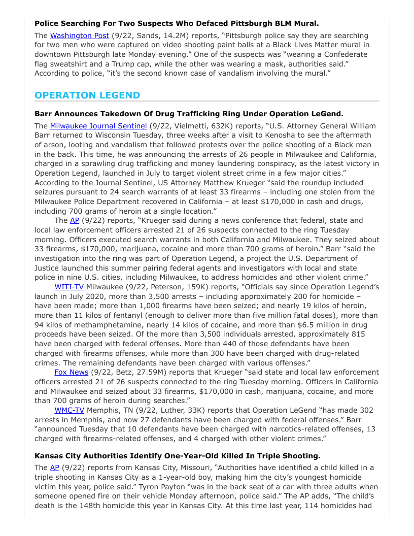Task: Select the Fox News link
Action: tap(72, 372)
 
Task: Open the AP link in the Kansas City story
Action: tap(55, 467)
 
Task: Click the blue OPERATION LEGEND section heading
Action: tap(87, 95)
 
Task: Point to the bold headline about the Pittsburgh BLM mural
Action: tap(177, 23)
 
